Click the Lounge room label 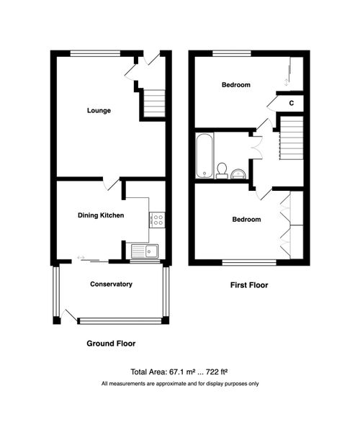(x=99, y=110)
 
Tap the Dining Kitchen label (x=101, y=215)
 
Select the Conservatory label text (x=111, y=284)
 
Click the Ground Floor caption (x=111, y=344)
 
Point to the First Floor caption (x=248, y=285)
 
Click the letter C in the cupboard (x=291, y=103)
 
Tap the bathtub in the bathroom (x=203, y=154)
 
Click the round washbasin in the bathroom (x=238, y=173)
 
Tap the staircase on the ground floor (x=153, y=103)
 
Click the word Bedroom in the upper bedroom (x=235, y=85)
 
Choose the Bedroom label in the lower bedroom (x=246, y=219)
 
